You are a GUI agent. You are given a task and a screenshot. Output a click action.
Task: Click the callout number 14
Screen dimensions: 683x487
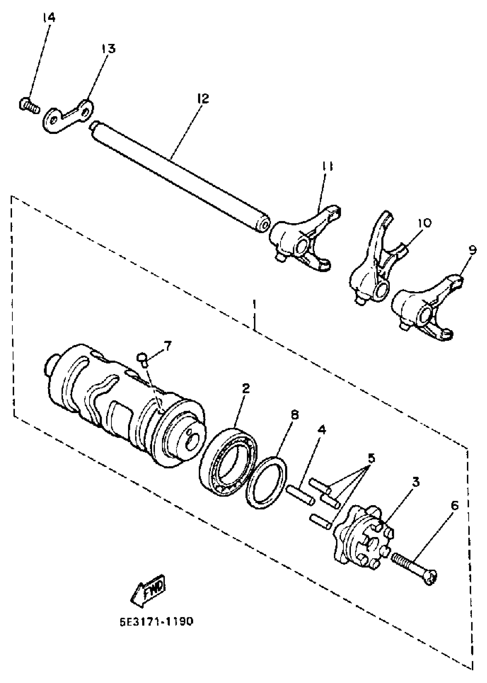[49, 18]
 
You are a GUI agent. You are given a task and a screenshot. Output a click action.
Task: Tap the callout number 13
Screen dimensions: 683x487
[108, 49]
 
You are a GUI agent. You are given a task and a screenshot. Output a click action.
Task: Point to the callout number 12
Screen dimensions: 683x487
[203, 98]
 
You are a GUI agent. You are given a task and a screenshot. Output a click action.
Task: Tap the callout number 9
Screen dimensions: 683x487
[472, 250]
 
